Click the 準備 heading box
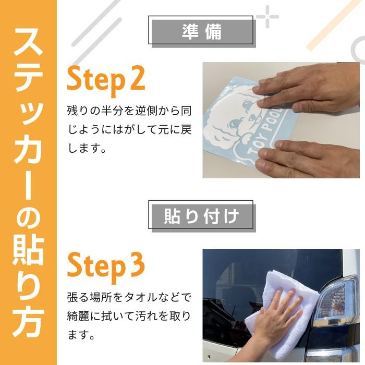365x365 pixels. [x=202, y=31]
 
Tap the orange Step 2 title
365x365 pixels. [x=105, y=80]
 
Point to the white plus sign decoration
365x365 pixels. [x=267, y=16]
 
